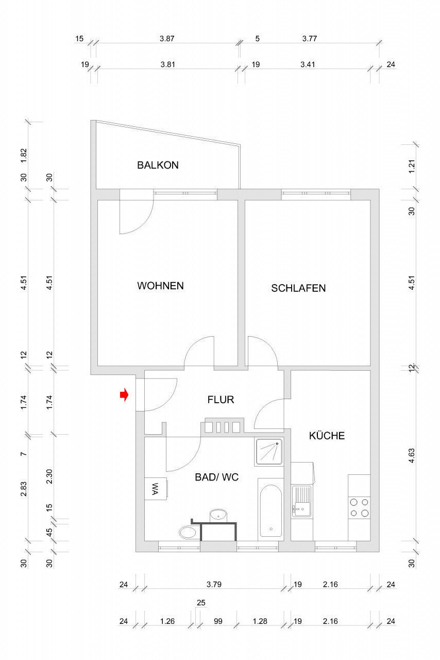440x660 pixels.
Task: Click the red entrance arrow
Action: pyautogui.click(x=124, y=394)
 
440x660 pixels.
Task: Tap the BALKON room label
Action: pyautogui.click(x=158, y=165)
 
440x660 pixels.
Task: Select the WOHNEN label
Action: pyautogui.click(x=160, y=286)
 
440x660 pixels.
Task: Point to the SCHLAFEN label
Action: pyautogui.click(x=298, y=288)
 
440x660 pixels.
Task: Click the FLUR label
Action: pyautogui.click(x=221, y=400)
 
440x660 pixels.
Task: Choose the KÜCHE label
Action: pyautogui.click(x=327, y=436)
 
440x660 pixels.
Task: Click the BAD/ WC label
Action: pyautogui.click(x=216, y=477)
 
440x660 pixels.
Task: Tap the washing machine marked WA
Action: pyautogui.click(x=156, y=489)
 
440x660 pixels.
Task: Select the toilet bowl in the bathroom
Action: pyautogui.click(x=188, y=533)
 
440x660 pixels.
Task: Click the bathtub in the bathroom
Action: pyautogui.click(x=270, y=510)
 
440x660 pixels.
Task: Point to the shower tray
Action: pyautogui.click(x=269, y=452)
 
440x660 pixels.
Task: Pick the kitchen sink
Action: pyautogui.click(x=301, y=501)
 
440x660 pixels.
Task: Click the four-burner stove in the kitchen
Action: pyautogui.click(x=359, y=508)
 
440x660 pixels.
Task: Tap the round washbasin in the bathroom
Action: pyautogui.click(x=218, y=515)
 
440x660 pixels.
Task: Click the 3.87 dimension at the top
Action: pyautogui.click(x=167, y=39)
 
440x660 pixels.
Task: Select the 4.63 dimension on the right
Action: pyautogui.click(x=412, y=455)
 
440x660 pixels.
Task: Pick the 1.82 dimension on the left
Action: pyautogui.click(x=24, y=155)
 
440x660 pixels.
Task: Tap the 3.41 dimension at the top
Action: pyautogui.click(x=308, y=64)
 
